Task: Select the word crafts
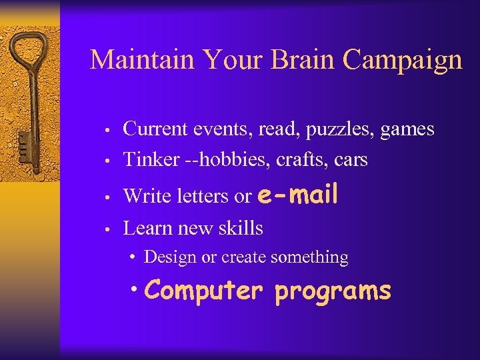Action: coord(311,160)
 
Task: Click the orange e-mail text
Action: coord(297,194)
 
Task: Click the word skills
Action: coord(242,228)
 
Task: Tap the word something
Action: coord(312,257)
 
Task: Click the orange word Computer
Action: coord(202,291)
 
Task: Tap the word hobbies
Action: coord(229,160)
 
